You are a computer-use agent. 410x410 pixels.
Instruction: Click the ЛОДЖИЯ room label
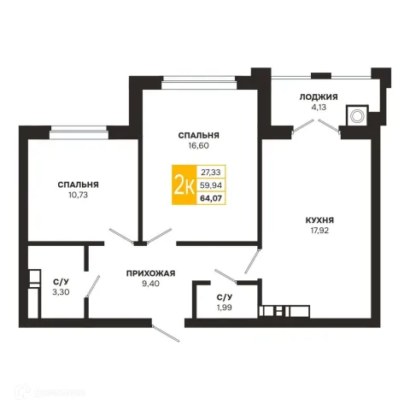[319, 97]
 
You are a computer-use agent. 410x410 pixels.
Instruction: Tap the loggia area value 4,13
[319, 108]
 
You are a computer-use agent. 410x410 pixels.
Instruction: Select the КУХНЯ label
[319, 220]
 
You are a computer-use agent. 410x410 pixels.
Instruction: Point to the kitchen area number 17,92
[319, 231]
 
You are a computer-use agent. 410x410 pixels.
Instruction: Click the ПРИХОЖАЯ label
[150, 273]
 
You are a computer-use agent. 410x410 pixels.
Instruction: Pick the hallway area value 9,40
[151, 284]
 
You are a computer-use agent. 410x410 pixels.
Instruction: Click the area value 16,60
[198, 145]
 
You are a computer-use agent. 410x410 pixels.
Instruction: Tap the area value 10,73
[78, 195]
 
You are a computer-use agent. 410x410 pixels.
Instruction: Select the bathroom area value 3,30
[61, 292]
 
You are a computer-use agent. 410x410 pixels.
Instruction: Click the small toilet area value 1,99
[225, 307]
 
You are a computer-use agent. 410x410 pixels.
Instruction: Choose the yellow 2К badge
[184, 184]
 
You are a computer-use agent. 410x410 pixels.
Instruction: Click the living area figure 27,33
[211, 173]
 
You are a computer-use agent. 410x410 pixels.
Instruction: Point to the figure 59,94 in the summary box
[211, 185]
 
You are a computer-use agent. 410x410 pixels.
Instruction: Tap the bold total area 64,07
[211, 198]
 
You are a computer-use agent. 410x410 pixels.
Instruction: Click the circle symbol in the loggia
[357, 116]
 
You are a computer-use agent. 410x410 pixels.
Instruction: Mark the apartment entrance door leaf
[166, 333]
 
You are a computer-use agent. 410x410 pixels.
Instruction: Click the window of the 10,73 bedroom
[79, 132]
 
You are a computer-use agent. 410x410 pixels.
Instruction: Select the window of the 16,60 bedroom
[199, 82]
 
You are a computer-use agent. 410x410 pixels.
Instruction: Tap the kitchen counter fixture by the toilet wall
[284, 311]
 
